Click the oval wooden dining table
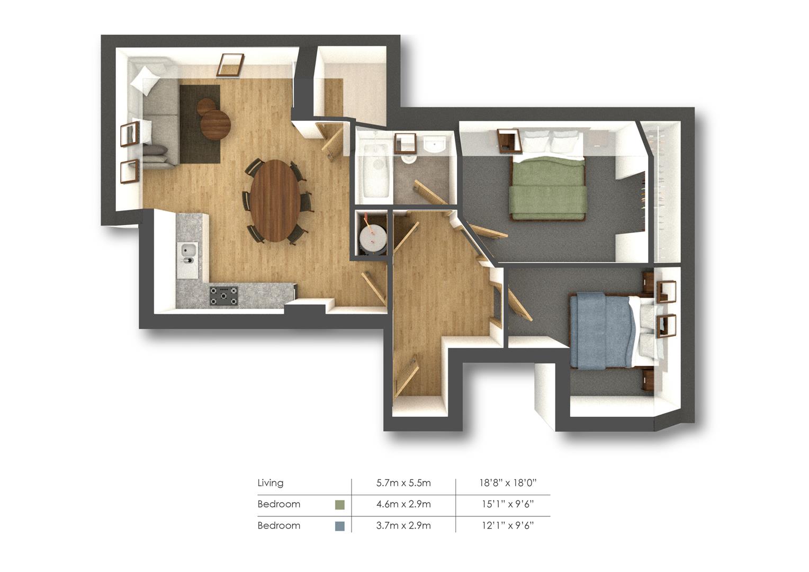[x=275, y=201]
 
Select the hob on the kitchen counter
[x=224, y=296]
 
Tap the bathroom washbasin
[x=435, y=145]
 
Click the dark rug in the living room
[x=200, y=124]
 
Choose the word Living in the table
[x=271, y=483]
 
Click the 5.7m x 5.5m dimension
[x=403, y=483]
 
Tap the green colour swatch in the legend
[x=340, y=505]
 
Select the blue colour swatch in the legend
[x=340, y=526]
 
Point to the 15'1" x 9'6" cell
[x=508, y=504]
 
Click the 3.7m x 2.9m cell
[x=403, y=525]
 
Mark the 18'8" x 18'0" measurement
[x=508, y=483]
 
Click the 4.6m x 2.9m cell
[x=403, y=504]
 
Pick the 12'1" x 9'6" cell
[x=508, y=525]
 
